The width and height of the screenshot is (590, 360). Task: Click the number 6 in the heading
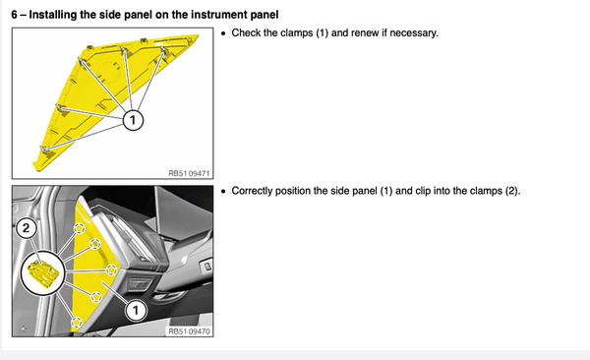tap(14, 15)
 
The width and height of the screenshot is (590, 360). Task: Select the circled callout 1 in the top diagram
tap(133, 120)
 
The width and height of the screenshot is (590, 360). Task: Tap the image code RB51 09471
tap(189, 173)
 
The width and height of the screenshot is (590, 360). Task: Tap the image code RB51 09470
tap(189, 331)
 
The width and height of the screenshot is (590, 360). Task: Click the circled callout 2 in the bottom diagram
tap(26, 228)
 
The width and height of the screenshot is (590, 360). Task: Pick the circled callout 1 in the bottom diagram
tap(136, 310)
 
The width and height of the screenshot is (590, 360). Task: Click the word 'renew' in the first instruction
tap(365, 33)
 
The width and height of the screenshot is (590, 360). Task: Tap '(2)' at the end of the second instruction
tap(512, 191)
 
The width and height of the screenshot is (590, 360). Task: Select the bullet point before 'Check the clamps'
tap(224, 33)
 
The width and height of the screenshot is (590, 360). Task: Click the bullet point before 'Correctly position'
tap(224, 191)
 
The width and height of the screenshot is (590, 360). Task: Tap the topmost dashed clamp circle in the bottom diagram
tap(79, 228)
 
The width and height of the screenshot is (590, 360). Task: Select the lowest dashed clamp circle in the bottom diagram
tap(77, 323)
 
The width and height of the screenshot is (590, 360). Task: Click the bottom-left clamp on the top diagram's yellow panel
tap(45, 150)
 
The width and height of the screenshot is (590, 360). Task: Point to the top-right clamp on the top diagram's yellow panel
tap(164, 51)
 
